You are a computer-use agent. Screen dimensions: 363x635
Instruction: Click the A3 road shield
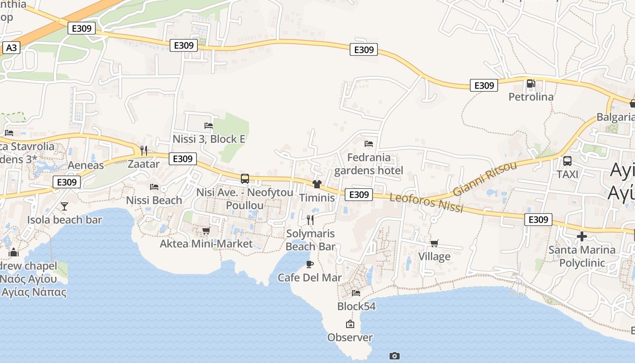click(x=11, y=48)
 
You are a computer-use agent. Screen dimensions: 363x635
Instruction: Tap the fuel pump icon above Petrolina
click(x=531, y=83)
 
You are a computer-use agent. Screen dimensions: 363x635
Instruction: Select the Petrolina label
click(x=531, y=97)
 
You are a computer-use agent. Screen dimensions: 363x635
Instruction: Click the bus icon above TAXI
click(x=567, y=161)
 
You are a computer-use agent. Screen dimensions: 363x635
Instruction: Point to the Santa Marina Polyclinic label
click(x=582, y=256)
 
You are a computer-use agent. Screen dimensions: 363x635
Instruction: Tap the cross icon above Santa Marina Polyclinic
click(x=582, y=236)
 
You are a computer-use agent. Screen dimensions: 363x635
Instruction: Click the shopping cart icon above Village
click(x=435, y=243)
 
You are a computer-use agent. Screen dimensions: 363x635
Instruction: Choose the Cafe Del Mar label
click(x=310, y=277)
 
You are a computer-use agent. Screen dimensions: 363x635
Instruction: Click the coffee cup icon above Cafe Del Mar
click(x=310, y=264)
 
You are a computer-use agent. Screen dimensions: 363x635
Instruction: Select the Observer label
click(x=350, y=337)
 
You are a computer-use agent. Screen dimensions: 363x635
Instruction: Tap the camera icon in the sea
click(x=395, y=356)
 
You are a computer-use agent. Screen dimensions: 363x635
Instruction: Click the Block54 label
click(x=357, y=306)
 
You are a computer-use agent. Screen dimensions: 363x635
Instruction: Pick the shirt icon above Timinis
click(x=317, y=184)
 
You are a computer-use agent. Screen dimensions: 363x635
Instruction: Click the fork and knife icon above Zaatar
click(x=144, y=150)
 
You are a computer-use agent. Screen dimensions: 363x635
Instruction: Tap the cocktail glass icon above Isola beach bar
click(x=64, y=206)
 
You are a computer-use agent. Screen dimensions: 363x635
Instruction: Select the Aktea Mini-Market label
click(x=206, y=244)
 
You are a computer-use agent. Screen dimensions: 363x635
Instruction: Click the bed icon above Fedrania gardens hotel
click(x=369, y=144)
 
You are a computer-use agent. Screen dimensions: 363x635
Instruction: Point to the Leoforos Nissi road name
click(x=426, y=203)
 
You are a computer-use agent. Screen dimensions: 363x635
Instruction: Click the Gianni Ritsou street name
click(x=485, y=178)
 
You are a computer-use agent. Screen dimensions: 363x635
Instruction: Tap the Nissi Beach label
click(x=154, y=200)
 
